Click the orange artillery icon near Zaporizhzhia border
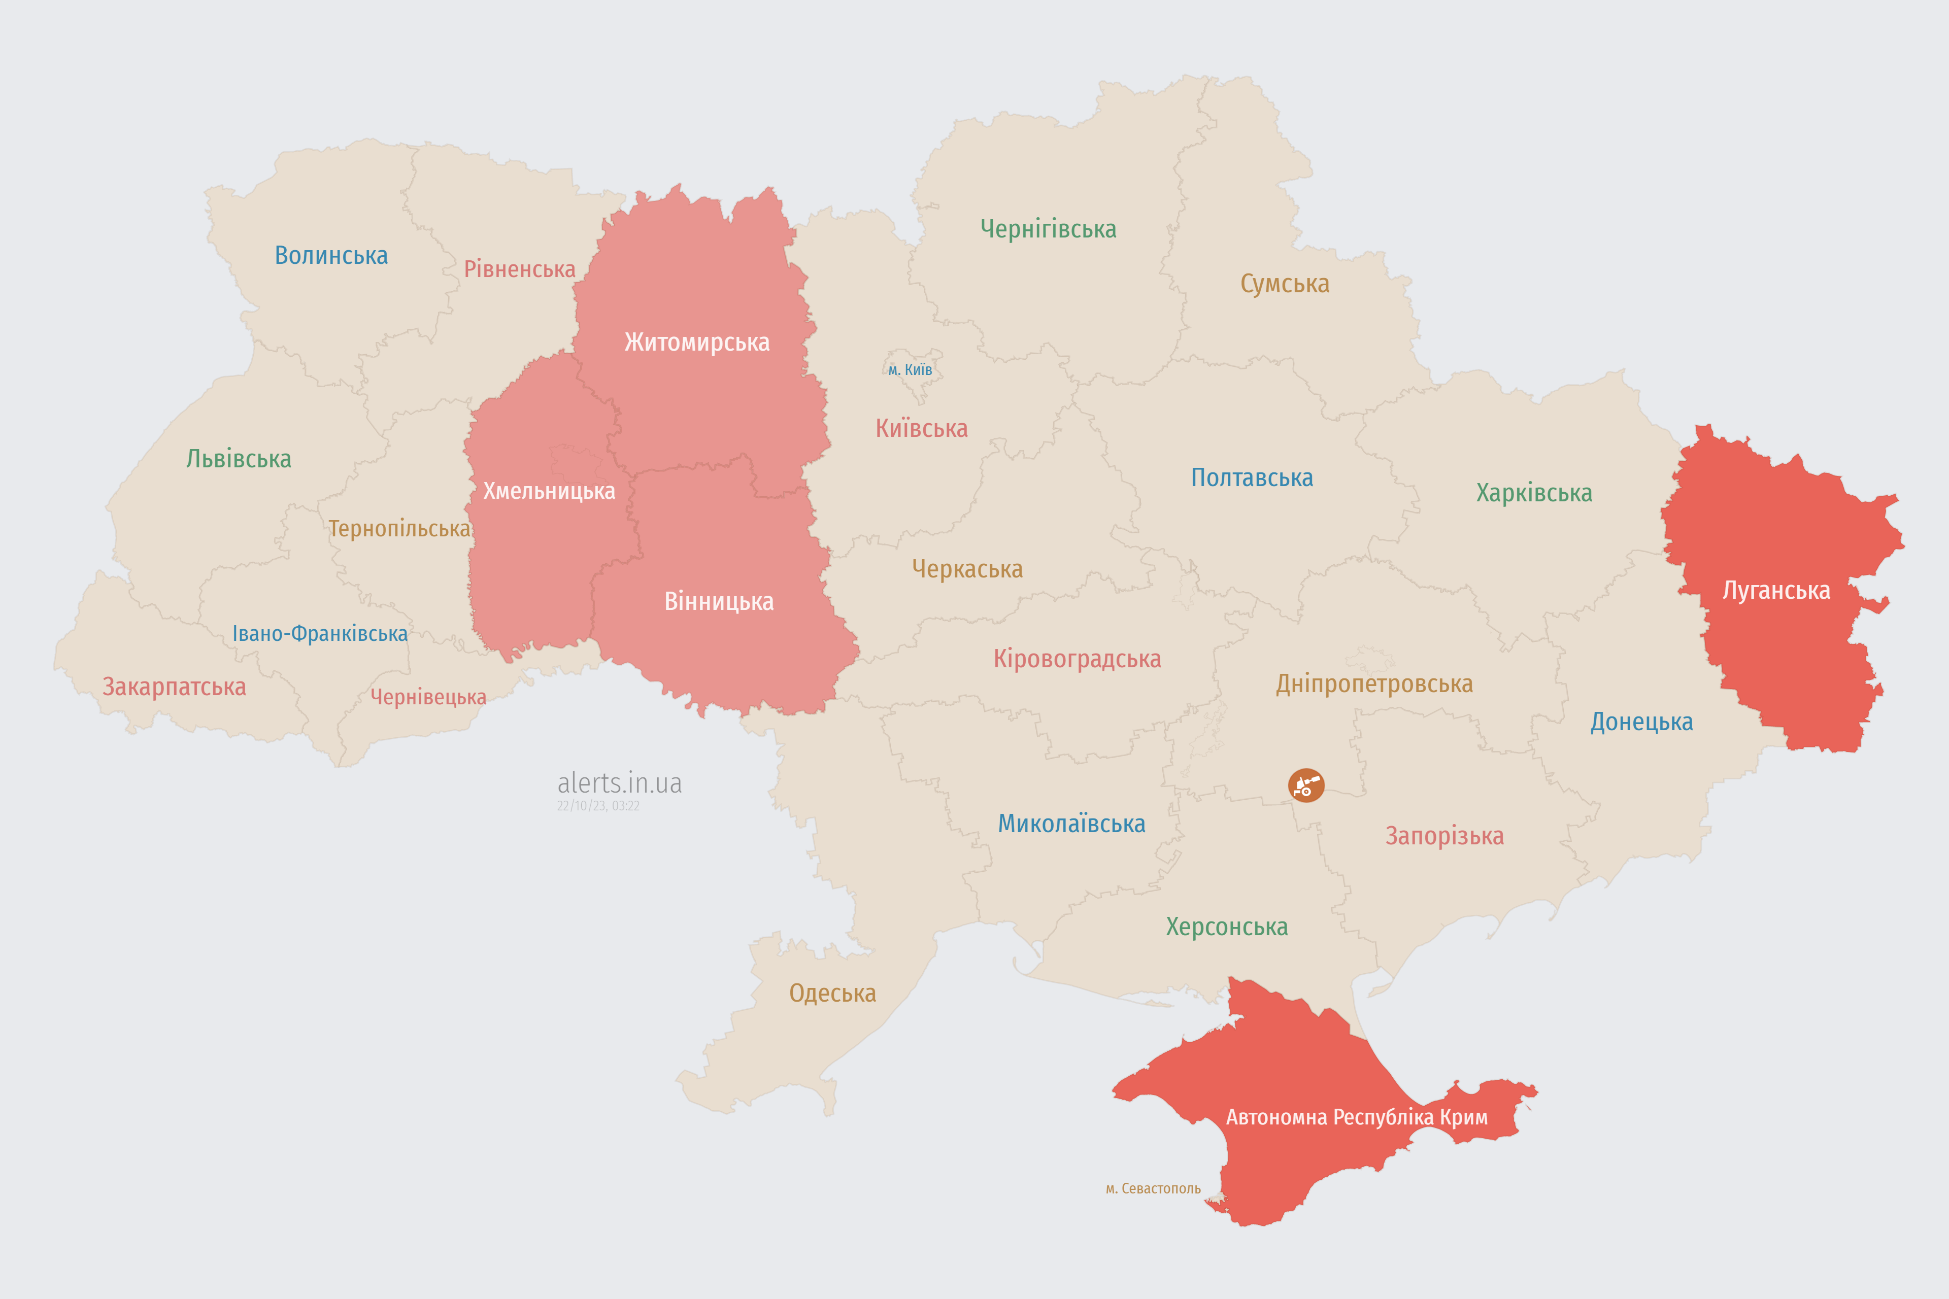tap(1306, 785)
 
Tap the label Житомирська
tap(697, 342)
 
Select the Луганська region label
tap(1776, 591)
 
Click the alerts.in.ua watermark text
tap(619, 783)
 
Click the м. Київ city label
tap(910, 369)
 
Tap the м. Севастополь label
tap(1153, 1189)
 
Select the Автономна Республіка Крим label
tap(1357, 1117)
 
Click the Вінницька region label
tap(719, 601)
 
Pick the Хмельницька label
tap(549, 491)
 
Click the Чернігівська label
tap(1048, 229)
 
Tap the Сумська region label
tap(1285, 284)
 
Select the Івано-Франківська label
tap(320, 634)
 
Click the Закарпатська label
tap(174, 687)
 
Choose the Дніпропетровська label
tap(1374, 685)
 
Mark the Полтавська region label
tap(1251, 478)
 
